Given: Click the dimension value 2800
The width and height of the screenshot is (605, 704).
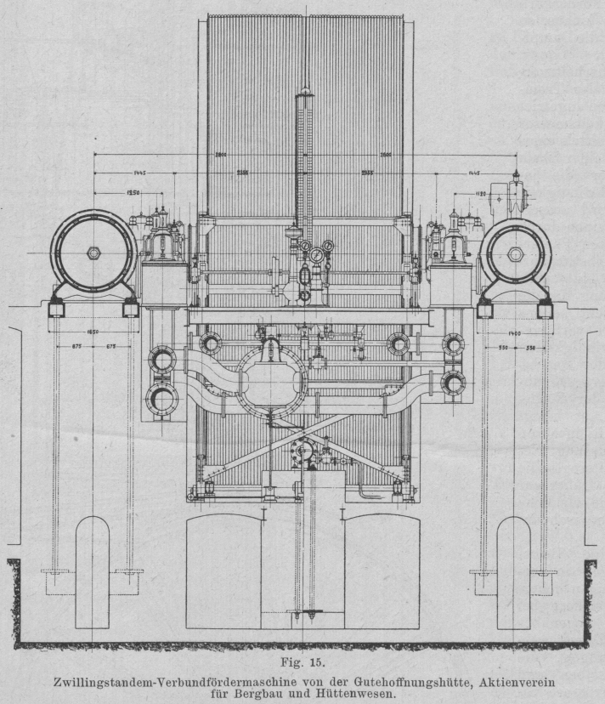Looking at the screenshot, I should tap(221, 155).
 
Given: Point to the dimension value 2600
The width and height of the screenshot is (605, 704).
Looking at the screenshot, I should tap(385, 155).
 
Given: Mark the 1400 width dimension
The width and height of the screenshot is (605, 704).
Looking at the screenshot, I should tap(514, 332).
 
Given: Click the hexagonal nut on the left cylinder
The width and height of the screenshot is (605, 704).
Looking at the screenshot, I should tap(93, 253).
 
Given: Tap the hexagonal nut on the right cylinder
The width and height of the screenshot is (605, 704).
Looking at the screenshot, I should tap(515, 253).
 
